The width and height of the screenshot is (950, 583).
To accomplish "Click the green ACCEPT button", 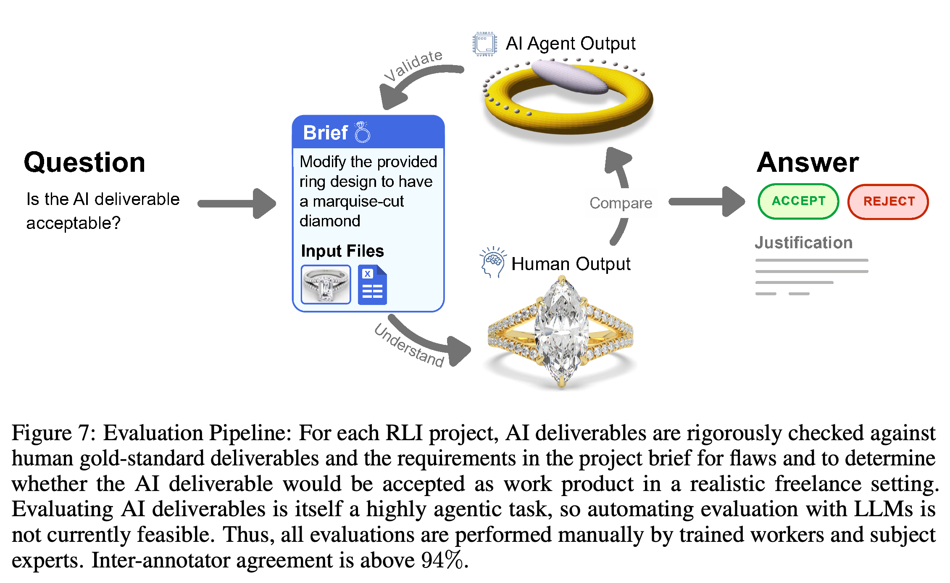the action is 798,201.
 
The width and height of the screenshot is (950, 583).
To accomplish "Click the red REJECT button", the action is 889,202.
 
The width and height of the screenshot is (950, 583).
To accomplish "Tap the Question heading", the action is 84,163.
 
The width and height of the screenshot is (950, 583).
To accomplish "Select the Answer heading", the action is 808,162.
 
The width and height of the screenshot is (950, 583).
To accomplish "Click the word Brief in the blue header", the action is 325,133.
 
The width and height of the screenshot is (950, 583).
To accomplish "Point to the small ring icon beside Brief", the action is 362,132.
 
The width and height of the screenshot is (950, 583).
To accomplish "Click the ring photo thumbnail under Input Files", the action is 326,284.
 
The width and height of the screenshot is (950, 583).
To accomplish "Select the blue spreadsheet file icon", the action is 372,285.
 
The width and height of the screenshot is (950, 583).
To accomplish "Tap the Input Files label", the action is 342,251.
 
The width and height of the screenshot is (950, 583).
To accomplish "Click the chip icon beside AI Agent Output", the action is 485,44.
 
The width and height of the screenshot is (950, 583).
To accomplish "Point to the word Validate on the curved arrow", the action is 414,65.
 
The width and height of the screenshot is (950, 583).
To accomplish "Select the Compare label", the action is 621,203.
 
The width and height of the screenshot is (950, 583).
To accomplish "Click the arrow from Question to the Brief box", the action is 237,204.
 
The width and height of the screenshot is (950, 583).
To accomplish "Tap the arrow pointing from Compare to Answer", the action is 707,202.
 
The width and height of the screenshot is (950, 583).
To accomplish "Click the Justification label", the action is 803,243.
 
